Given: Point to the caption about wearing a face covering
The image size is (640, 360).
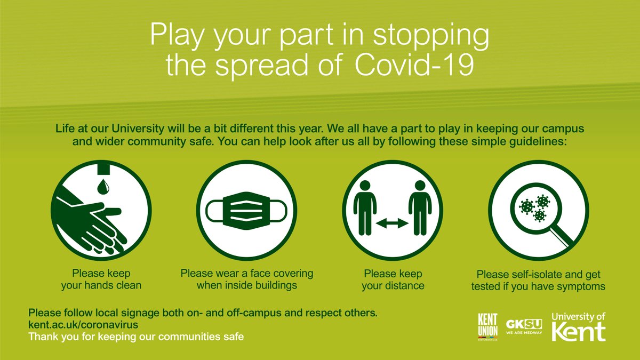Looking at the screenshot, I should coord(246,279).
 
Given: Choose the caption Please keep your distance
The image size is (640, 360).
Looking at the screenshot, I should coord(393,279).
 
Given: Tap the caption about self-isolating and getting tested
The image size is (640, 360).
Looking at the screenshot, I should coord(538,281).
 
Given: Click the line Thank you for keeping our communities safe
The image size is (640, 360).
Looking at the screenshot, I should coord(137,337).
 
